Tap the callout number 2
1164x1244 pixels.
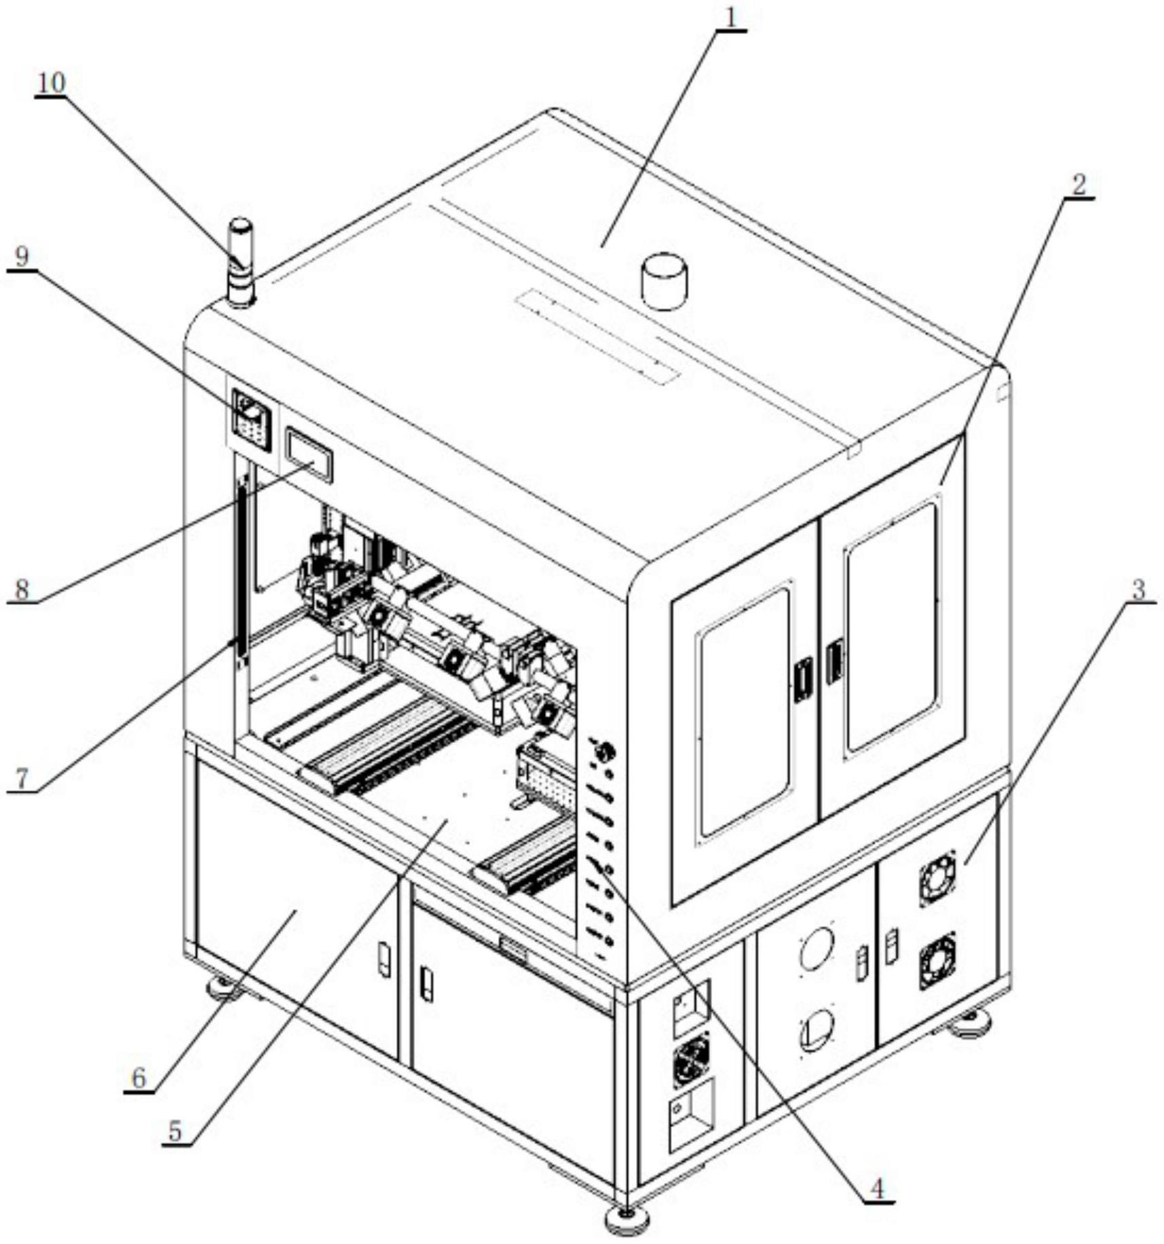coord(1078,183)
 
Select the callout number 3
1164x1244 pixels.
coord(1138,589)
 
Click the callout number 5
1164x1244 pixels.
coord(176,1131)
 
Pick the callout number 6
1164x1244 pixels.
coord(138,1077)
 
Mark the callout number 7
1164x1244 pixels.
coord(22,778)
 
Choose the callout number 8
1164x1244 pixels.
coord(22,589)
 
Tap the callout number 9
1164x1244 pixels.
coord(22,256)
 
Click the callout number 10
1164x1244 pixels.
coord(51,84)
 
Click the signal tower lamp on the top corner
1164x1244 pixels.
coord(240,262)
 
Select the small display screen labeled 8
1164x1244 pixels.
coord(309,454)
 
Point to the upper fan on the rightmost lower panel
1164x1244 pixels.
coord(937,877)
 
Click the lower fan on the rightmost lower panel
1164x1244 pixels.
coord(937,960)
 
